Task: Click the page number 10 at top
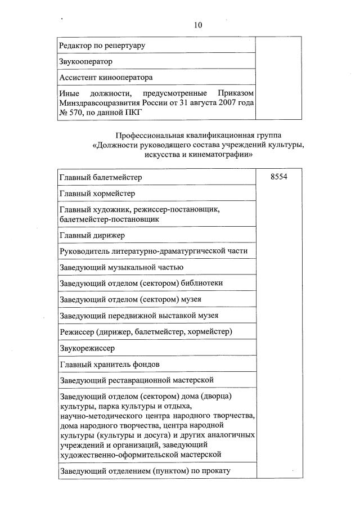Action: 197,25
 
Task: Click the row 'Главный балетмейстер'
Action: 100,177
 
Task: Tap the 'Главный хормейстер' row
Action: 97,194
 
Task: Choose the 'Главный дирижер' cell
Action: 92,235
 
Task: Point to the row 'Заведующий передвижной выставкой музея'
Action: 138,315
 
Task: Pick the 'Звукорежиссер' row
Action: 87,348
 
